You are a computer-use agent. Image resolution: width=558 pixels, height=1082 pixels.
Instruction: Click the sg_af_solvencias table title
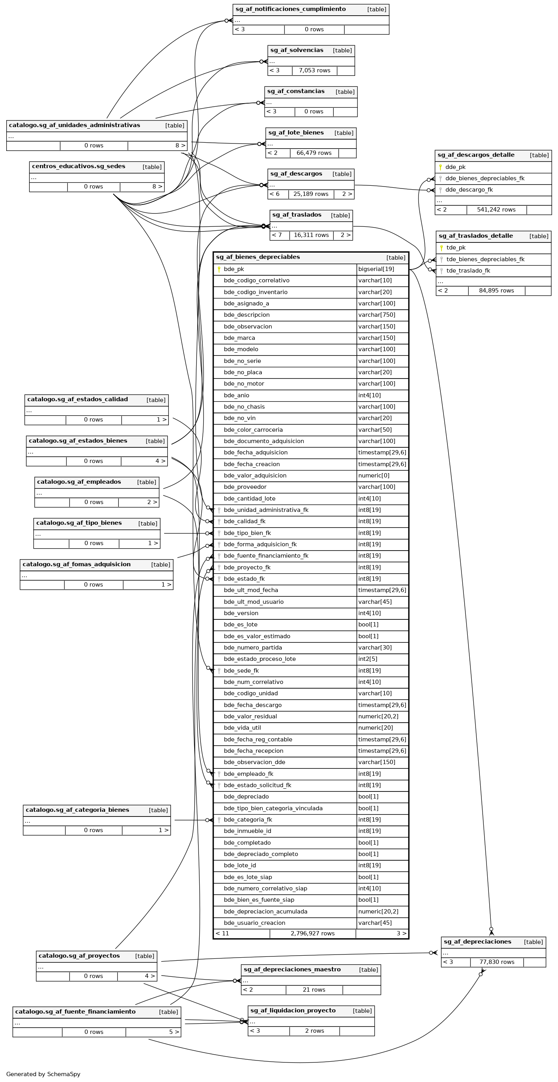(x=297, y=50)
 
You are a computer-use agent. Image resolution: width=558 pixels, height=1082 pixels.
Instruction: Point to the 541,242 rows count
(x=496, y=210)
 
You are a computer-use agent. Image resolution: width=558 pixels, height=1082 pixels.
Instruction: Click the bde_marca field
(x=239, y=338)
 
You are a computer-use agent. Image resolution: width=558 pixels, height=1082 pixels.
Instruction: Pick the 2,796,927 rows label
(x=312, y=933)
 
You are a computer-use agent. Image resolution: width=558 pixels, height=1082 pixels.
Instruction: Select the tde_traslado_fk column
(x=468, y=271)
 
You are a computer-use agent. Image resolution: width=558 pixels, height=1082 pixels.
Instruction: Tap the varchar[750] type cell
(x=377, y=315)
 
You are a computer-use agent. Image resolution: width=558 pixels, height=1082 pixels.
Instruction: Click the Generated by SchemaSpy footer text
(x=43, y=1074)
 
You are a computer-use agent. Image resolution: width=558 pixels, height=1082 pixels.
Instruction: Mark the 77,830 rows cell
(x=497, y=962)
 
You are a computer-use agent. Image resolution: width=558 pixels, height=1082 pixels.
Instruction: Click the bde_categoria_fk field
(x=248, y=820)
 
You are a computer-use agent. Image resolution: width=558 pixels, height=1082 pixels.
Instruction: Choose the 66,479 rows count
(x=314, y=153)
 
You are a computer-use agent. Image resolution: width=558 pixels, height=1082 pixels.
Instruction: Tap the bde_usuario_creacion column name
(x=254, y=923)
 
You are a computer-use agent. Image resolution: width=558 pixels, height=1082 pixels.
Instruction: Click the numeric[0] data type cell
(x=374, y=476)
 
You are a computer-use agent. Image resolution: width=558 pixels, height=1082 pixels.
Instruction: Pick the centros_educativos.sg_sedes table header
(x=79, y=166)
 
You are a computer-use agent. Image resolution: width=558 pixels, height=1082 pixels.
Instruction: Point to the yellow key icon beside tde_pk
(x=441, y=248)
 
